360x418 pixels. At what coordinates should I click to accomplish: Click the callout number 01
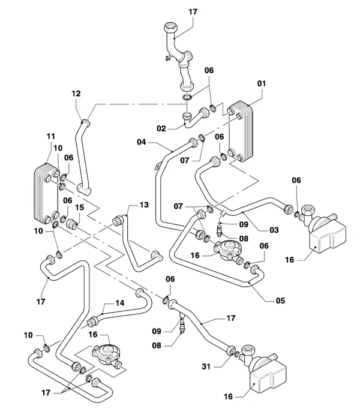262,84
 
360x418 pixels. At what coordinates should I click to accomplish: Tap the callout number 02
161,129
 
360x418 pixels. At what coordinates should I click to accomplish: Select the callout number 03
274,230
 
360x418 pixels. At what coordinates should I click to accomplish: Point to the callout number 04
142,142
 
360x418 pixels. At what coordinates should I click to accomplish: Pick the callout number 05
280,300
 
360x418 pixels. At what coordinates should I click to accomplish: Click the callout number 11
50,136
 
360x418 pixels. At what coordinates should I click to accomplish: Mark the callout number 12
76,94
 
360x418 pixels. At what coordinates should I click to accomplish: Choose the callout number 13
144,205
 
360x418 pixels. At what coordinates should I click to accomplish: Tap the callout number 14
120,303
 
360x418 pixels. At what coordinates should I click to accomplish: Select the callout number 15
79,207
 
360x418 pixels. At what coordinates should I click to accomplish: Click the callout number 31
206,366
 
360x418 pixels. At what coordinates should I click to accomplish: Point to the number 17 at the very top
193,12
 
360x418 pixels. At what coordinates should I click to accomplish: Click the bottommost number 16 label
228,396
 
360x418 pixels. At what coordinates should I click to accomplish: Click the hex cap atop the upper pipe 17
171,28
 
